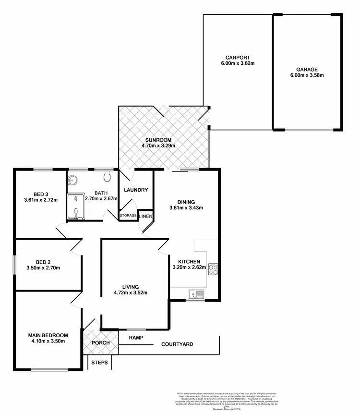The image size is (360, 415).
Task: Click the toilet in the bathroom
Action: click(107, 177)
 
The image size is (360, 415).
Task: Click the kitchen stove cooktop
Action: click(213, 269)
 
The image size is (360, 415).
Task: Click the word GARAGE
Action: click(307, 69)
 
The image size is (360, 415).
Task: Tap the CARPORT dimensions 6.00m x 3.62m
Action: click(237, 62)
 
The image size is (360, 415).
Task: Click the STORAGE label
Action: click(128, 216)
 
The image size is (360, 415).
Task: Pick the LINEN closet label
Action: click(145, 217)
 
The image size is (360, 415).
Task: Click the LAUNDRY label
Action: click(136, 190)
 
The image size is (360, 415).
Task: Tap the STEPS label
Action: click(100, 363)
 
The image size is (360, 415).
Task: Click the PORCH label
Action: click(100, 343)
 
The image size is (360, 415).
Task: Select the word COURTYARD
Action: click(177, 344)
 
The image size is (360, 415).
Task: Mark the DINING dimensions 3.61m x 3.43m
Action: click(186, 208)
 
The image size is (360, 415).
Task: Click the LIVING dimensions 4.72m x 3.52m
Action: click(130, 293)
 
